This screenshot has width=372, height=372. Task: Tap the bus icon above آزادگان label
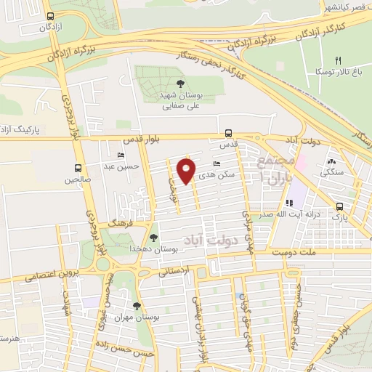(x=49, y=16)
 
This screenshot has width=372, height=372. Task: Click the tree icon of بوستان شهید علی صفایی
(x=180, y=83)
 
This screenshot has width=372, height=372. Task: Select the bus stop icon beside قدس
(x=229, y=133)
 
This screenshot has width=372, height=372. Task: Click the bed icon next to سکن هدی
(x=217, y=165)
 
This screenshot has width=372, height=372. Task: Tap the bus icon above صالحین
(x=78, y=168)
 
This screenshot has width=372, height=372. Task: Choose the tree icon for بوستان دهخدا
(x=153, y=237)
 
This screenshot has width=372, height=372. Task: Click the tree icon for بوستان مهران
(x=137, y=306)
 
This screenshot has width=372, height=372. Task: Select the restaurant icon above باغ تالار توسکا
(x=337, y=61)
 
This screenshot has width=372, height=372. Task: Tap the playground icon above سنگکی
(x=331, y=162)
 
